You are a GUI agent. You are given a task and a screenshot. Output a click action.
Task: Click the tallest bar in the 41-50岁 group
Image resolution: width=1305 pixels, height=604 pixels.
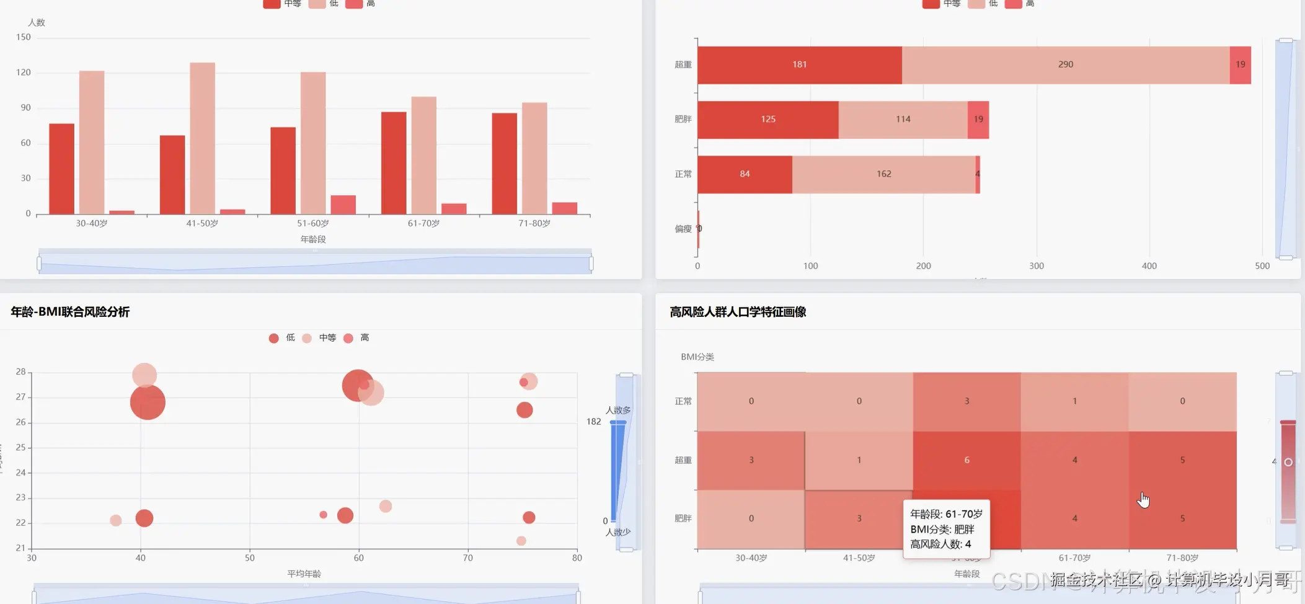pos(202,138)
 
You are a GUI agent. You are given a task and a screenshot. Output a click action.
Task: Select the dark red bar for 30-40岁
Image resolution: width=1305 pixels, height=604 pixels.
pos(61,169)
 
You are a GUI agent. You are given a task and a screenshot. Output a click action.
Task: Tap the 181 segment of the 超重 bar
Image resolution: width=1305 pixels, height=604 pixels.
pos(799,64)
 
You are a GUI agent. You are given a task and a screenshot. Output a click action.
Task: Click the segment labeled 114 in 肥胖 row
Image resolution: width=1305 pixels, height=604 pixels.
pos(903,119)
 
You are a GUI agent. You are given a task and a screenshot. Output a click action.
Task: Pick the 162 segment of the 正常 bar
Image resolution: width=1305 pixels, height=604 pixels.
pos(883,174)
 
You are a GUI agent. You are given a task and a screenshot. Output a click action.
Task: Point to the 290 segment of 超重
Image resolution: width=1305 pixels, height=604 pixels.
pos(1065,64)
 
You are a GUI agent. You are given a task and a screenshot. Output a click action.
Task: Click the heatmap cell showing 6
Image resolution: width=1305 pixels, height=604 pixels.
pos(967,460)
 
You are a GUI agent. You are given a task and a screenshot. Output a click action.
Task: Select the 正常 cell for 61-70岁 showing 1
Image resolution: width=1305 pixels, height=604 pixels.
pos(1074,401)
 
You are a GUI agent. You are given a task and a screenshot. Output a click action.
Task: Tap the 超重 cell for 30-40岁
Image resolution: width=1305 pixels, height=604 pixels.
pos(751,460)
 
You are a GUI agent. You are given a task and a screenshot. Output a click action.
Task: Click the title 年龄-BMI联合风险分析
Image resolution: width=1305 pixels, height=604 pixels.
pos(70,312)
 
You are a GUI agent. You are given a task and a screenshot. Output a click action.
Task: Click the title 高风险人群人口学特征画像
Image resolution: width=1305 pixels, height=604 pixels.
pos(738,312)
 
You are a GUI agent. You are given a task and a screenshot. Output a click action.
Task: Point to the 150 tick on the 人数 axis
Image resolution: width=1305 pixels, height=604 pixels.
pos(24,37)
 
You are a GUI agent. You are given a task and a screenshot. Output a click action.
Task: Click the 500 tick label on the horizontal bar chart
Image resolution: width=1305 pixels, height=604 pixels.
pos(1262,266)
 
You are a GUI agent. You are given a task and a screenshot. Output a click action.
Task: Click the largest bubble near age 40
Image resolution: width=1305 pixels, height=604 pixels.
pos(148,402)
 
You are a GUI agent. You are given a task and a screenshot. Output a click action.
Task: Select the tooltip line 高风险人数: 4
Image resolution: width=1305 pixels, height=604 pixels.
pos(940,544)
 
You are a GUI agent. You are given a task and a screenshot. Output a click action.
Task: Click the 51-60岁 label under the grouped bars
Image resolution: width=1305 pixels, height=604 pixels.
pos(312,223)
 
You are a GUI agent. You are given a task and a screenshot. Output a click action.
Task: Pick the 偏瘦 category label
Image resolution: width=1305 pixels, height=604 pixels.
pos(683,229)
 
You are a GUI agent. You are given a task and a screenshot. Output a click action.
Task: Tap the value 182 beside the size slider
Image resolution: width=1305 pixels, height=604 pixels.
pos(593,422)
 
